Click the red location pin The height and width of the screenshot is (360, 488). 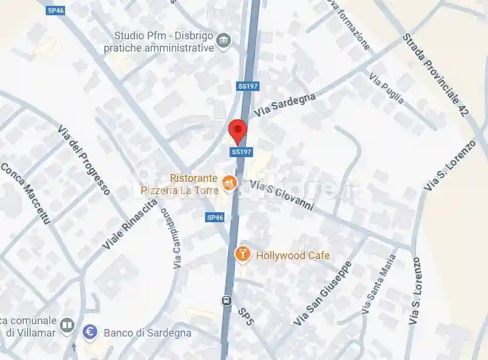point(237,130)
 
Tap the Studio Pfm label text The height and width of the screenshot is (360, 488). point(158,42)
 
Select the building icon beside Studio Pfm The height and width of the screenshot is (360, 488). point(223,40)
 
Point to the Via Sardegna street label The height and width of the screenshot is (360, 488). point(285,105)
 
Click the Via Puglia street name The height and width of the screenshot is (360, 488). point(386,88)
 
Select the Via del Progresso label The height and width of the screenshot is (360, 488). point(84,159)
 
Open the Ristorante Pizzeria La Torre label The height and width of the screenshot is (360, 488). point(194,184)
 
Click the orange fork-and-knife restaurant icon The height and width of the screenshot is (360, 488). point(229,184)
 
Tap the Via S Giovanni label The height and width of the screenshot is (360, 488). point(282,195)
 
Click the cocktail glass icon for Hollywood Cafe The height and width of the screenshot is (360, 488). point(241,254)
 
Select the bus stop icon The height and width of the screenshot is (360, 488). point(227,301)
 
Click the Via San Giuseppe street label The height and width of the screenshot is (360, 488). point(323,293)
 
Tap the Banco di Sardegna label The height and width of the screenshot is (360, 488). point(148,333)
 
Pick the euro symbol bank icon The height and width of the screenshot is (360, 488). point(90,332)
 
